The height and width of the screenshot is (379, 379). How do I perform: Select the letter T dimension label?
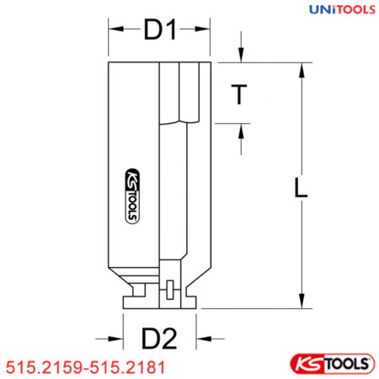240,95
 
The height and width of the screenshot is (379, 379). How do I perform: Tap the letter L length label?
300,187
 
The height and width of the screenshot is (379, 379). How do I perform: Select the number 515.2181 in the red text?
125,367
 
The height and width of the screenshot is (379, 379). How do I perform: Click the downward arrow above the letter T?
240,56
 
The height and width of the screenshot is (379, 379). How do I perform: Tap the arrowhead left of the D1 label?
115,31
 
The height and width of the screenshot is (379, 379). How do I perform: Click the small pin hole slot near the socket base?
168,291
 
